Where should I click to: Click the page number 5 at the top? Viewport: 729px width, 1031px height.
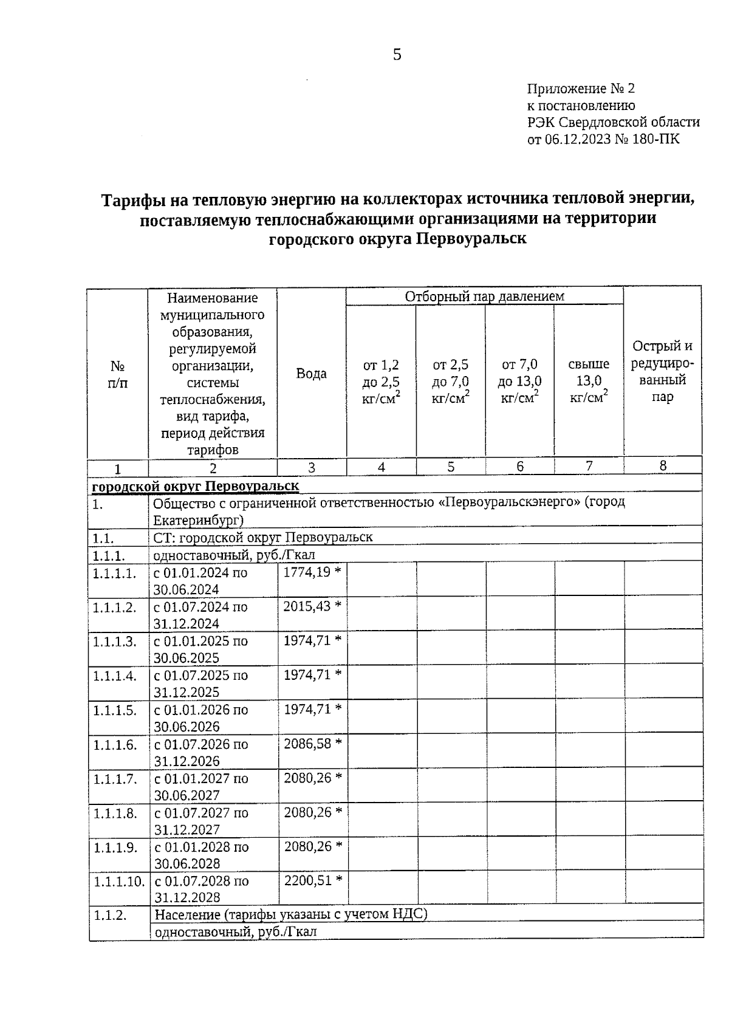click(x=397, y=55)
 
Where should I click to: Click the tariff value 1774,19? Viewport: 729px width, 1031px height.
click(x=307, y=572)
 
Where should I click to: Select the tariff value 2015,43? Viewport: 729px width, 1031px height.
click(x=307, y=606)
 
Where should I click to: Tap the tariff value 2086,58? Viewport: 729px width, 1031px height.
click(x=307, y=743)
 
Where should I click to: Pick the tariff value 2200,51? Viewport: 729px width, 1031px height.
click(x=307, y=880)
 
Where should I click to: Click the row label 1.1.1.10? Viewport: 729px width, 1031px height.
click(x=118, y=881)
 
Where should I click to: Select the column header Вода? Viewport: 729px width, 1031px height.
click(x=311, y=374)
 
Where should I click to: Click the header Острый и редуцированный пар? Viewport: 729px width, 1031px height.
click(x=662, y=371)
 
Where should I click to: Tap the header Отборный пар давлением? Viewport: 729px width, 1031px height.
click(x=484, y=296)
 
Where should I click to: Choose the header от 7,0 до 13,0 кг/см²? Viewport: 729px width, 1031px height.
click(x=519, y=381)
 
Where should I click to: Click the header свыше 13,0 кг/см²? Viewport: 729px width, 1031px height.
click(x=589, y=381)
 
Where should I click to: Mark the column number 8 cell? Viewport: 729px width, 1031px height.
click(x=663, y=466)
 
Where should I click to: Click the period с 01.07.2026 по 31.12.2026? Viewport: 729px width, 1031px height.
click(x=201, y=752)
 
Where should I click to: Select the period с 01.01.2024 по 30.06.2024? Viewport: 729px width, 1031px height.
click(x=200, y=581)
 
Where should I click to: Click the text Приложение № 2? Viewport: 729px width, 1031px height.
click(x=580, y=89)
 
